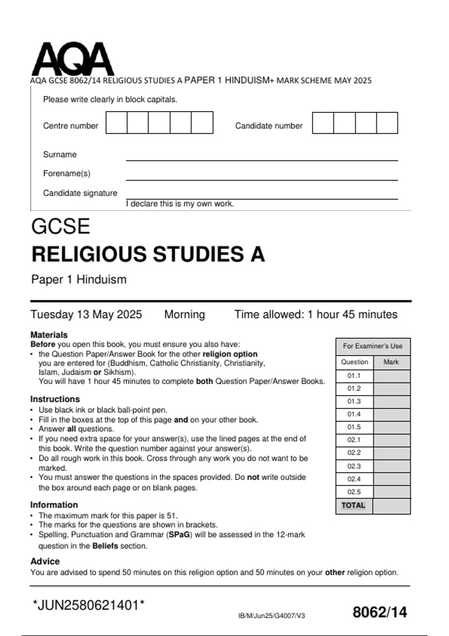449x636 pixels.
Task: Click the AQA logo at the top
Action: (x=73, y=59)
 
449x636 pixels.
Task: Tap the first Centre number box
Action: (x=116, y=122)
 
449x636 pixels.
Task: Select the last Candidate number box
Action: (x=387, y=123)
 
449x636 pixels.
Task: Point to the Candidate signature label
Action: (x=80, y=193)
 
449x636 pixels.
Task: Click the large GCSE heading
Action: (x=61, y=226)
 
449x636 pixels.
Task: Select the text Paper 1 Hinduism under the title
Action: (x=79, y=279)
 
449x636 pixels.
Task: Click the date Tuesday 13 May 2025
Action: (x=86, y=314)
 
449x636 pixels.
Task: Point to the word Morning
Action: (x=184, y=314)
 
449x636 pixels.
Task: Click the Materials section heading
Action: (x=49, y=334)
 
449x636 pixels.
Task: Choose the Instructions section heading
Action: (x=55, y=399)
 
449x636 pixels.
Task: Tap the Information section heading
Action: (x=54, y=505)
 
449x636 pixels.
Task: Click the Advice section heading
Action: (x=45, y=561)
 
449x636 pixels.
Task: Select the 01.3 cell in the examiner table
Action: (x=354, y=401)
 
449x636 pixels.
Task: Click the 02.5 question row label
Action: (x=354, y=492)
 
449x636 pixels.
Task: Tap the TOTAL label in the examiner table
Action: (x=353, y=505)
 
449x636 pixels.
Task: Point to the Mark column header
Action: (x=391, y=362)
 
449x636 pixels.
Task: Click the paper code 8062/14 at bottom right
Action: (x=379, y=612)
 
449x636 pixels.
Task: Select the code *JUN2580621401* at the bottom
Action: (x=89, y=605)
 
